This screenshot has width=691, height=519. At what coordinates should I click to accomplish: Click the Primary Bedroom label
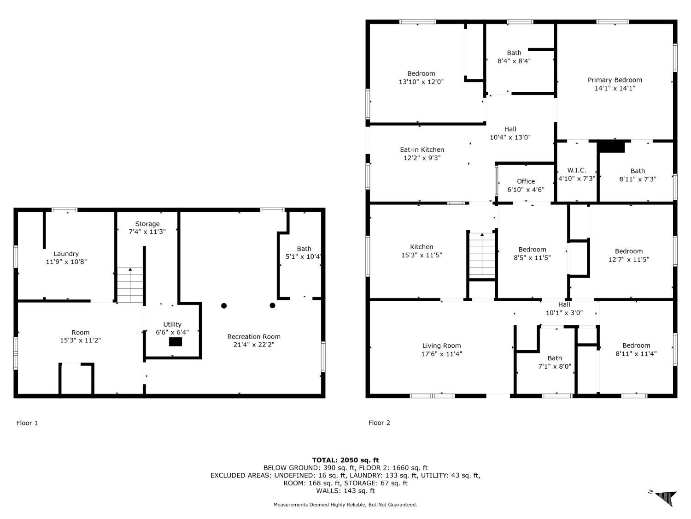tap(615, 80)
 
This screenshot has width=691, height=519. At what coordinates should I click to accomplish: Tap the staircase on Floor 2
tap(482, 255)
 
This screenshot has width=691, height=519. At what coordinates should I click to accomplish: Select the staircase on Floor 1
tap(130, 285)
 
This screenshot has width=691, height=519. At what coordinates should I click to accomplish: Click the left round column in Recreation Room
tap(224, 305)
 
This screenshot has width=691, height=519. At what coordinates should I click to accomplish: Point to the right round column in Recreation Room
tap(272, 305)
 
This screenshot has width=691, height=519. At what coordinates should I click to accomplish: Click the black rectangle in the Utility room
tap(176, 342)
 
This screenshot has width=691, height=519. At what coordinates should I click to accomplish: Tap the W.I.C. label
tap(577, 170)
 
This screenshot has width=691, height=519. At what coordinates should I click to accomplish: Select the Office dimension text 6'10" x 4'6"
tap(526, 190)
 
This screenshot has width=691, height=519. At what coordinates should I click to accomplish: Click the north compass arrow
tap(665, 498)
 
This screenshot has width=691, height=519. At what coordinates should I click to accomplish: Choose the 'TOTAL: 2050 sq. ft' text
tap(345, 460)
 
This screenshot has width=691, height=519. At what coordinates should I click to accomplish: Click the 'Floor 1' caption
tap(27, 423)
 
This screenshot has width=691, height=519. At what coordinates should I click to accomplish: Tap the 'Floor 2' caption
tap(379, 423)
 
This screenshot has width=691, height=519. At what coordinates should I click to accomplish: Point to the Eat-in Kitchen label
tap(422, 149)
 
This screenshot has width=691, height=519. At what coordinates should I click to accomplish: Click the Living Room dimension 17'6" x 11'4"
tap(442, 354)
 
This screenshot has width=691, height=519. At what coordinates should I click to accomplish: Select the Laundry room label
tap(66, 254)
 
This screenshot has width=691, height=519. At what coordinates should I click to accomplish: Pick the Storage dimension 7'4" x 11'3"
tap(147, 232)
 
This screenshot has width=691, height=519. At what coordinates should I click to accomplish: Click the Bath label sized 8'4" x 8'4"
tap(514, 53)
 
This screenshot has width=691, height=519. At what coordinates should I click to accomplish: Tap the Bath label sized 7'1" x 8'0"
tap(555, 358)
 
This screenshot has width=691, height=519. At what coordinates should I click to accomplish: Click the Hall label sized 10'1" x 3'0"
tap(564, 304)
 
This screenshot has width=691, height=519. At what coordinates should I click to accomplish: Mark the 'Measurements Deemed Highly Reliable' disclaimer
tap(345, 505)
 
